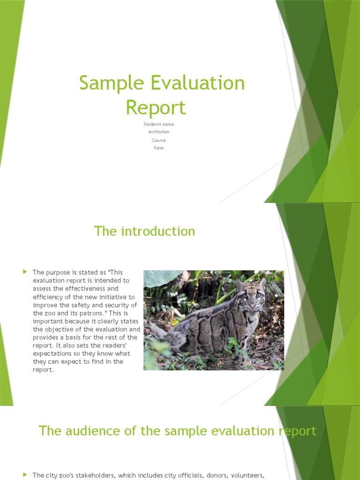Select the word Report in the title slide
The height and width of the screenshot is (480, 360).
156,108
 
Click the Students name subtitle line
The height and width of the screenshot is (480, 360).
158,124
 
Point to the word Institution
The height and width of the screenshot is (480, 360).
159,132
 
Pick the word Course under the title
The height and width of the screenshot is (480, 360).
158,140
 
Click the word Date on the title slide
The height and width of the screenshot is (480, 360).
158,148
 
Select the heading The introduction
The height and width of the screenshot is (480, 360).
144,231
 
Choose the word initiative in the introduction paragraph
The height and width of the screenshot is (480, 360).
119,297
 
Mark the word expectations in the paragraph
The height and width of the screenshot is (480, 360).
52,353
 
